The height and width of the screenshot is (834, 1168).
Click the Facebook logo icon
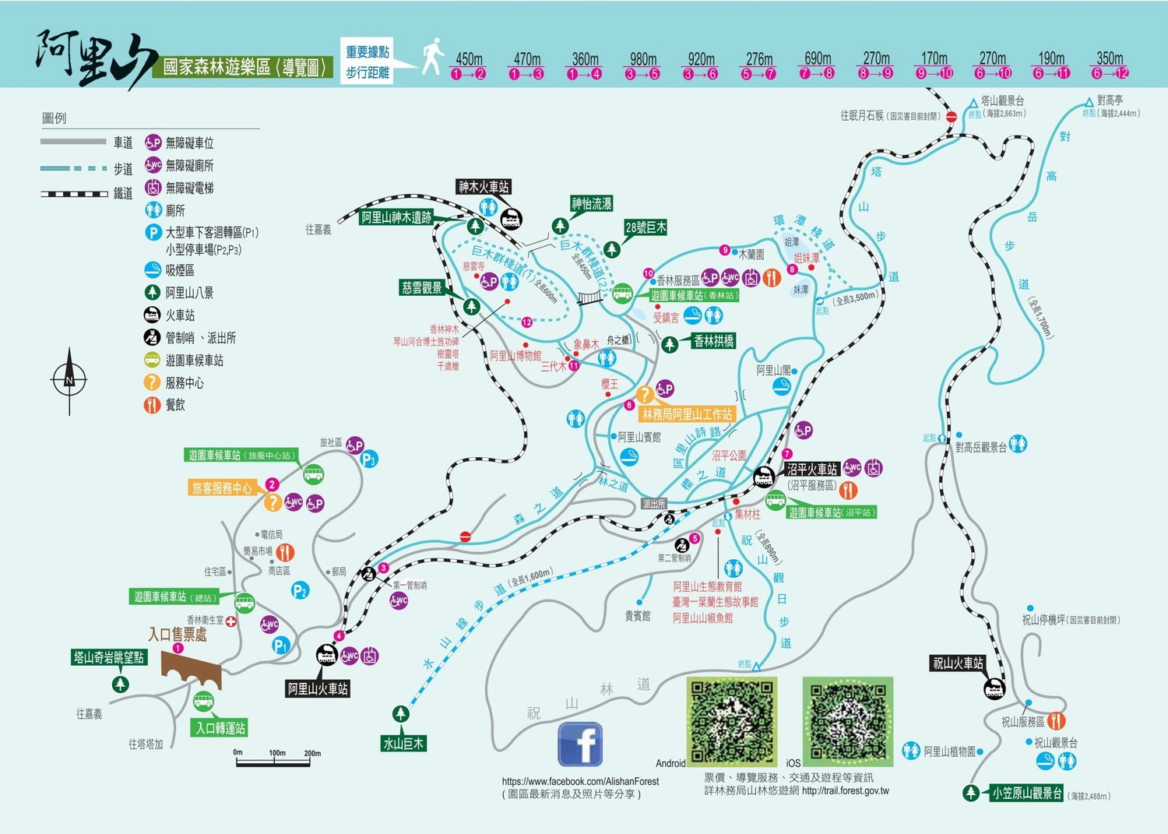tap(580, 744)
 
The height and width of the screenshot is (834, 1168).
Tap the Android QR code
tap(732, 720)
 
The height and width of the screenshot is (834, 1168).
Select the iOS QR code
tap(848, 720)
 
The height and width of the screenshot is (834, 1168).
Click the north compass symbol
tap(69, 380)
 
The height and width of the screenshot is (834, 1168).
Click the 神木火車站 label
tap(484, 187)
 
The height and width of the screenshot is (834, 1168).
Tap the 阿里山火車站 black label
tap(318, 688)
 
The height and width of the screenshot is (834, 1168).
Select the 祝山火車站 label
tap(958, 663)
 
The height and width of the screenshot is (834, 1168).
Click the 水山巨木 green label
tap(403, 744)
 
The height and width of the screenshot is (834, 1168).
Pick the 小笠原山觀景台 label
tap(1026, 794)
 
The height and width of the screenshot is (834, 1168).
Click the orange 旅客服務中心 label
tap(222, 488)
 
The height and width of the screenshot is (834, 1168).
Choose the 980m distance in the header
tap(643, 59)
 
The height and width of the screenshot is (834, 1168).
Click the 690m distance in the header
tap(818, 59)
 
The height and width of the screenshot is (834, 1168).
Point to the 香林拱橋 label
tap(713, 341)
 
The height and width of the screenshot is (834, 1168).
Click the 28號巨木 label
tap(646, 227)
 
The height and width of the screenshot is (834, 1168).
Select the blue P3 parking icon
tap(369, 459)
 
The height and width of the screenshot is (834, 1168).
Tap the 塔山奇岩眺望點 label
tap(109, 658)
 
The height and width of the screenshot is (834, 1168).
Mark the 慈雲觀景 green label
tap(422, 288)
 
